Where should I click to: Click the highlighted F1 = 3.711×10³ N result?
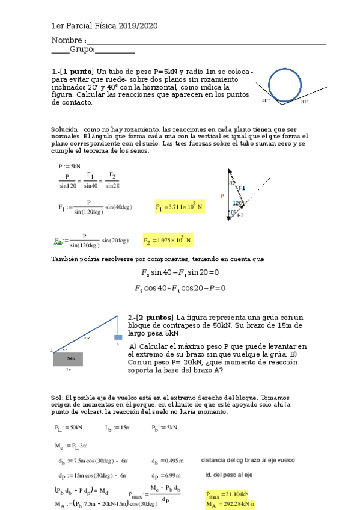click(x=180, y=207)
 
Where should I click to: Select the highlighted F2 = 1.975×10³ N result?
click(x=168, y=241)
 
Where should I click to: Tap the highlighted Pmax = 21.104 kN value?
click(x=227, y=494)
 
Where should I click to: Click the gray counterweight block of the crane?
click(x=70, y=359)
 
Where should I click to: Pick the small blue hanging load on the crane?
click(x=118, y=337)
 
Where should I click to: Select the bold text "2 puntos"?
click(x=154, y=317)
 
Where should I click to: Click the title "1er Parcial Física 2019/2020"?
click(x=105, y=26)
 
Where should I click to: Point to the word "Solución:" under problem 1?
click(x=65, y=129)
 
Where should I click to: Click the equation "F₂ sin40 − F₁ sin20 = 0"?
click(x=180, y=273)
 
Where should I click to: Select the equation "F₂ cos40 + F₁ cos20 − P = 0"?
click(x=180, y=288)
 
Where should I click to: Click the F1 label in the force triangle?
click(x=241, y=188)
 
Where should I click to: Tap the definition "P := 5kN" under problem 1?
click(x=70, y=166)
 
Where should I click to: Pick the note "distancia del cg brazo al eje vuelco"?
click(x=248, y=460)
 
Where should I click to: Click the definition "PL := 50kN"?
click(x=68, y=428)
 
